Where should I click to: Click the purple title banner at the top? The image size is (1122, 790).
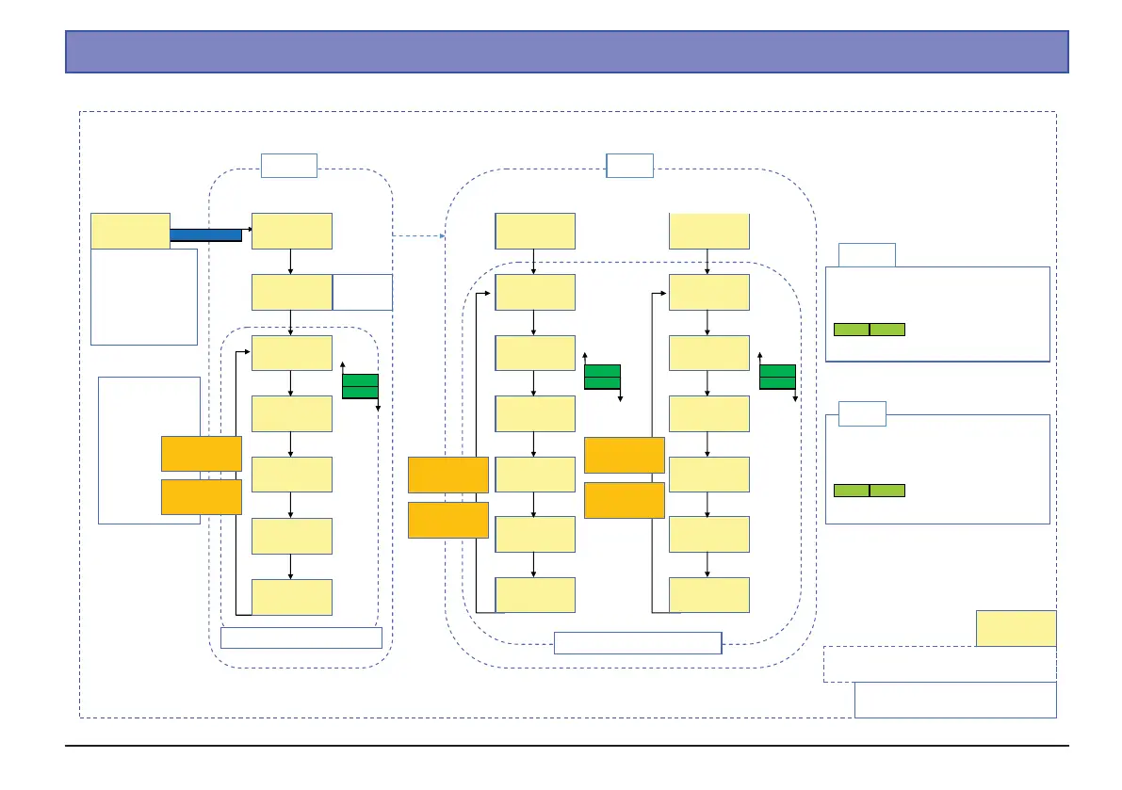[x=566, y=52]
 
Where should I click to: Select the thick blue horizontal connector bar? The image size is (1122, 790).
[x=205, y=234]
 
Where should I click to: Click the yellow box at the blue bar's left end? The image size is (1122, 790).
[x=130, y=231]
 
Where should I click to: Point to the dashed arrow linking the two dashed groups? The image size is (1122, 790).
[x=418, y=235]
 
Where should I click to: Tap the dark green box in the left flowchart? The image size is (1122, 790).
[x=360, y=386]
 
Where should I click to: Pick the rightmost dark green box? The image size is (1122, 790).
[x=777, y=377]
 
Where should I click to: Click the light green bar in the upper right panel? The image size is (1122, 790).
[x=869, y=330]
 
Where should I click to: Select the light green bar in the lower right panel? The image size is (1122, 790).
[x=869, y=491]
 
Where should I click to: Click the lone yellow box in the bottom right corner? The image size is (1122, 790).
[x=1016, y=628]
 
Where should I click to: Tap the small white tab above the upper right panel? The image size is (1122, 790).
[x=867, y=255]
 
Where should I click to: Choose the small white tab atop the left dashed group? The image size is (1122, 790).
[x=288, y=166]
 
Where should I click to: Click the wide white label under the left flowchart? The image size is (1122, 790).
[x=301, y=637]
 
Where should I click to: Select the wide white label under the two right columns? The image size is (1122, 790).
[x=638, y=643]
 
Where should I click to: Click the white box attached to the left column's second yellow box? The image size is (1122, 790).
[x=363, y=293]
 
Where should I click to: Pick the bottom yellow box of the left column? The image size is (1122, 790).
[x=292, y=597]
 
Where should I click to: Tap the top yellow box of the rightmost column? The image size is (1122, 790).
[x=709, y=231]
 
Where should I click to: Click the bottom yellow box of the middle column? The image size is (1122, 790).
[x=535, y=595]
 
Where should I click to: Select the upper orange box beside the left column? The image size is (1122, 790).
[x=201, y=453]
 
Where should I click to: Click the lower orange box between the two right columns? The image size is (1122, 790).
[x=624, y=500]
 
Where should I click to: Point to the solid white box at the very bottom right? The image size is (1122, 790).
[x=954, y=700]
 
